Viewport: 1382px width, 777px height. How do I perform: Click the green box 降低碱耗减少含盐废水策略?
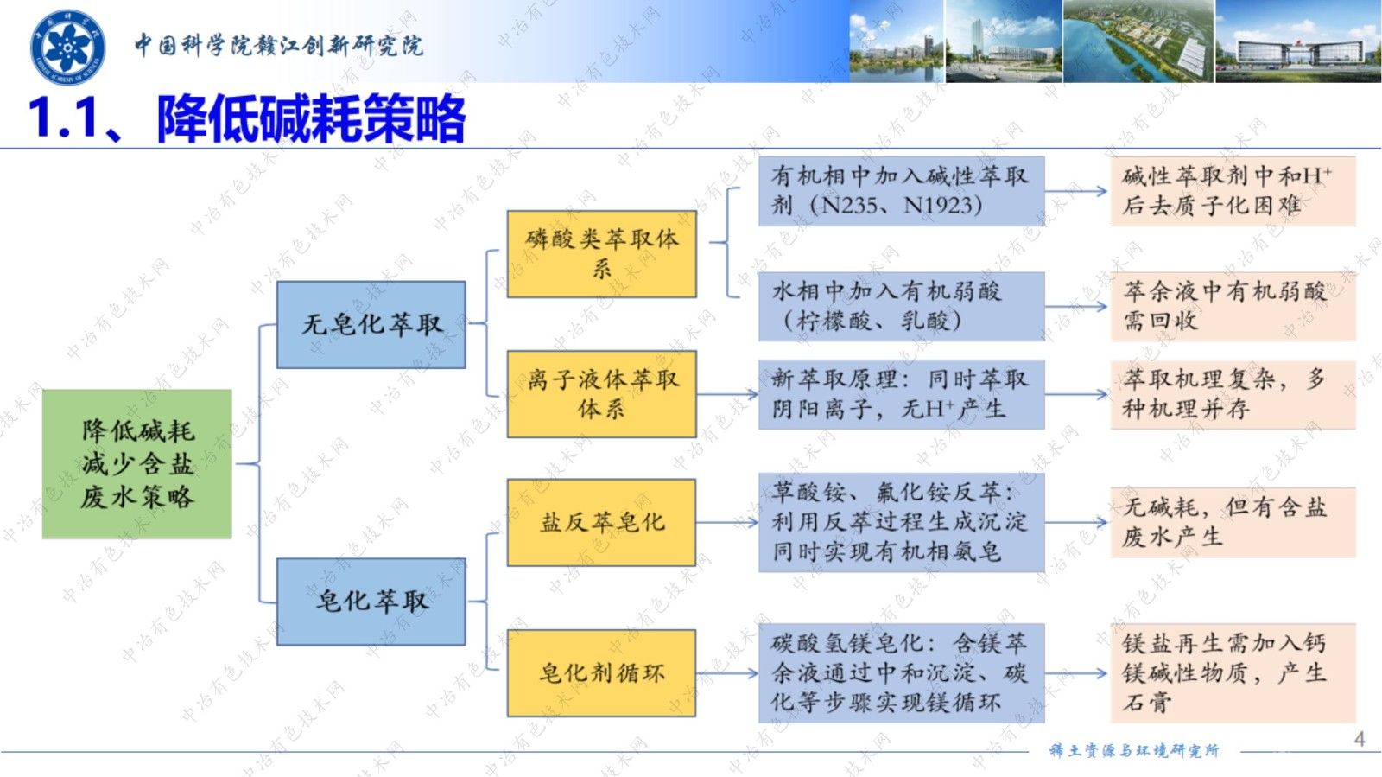pyautogui.click(x=136, y=464)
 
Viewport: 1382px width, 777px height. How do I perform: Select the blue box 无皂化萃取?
pyautogui.click(x=371, y=325)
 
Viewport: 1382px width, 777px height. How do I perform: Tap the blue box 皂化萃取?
pyautogui.click(x=371, y=601)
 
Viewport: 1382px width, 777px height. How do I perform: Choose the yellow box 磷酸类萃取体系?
pyautogui.click(x=601, y=254)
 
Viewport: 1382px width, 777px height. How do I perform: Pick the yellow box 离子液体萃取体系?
pyautogui.click(x=601, y=393)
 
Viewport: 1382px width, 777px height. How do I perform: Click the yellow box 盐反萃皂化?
pyautogui.click(x=601, y=522)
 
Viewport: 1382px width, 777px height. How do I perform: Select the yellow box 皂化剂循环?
pyautogui.click(x=601, y=672)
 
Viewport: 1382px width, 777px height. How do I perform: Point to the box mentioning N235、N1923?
pyautogui.click(x=901, y=191)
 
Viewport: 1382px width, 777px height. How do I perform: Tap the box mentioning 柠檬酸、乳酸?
pyautogui.click(x=901, y=306)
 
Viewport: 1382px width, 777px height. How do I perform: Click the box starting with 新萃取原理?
pyautogui.click(x=901, y=394)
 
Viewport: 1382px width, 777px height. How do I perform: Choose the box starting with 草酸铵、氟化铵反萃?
pyautogui.click(x=901, y=522)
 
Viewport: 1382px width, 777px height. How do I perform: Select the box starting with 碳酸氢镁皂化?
pyautogui.click(x=901, y=672)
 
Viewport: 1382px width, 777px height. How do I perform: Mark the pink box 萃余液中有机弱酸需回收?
pyautogui.click(x=1232, y=306)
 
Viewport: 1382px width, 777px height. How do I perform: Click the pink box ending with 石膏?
pyautogui.click(x=1232, y=672)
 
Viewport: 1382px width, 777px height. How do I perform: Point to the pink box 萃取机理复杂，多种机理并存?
pyautogui.click(x=1232, y=394)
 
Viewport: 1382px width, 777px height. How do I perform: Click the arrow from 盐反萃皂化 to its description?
pyautogui.click(x=727, y=522)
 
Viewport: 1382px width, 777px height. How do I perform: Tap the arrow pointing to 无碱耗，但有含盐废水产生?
pyautogui.click(x=1076, y=522)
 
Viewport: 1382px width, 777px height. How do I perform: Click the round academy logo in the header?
pyautogui.click(x=67, y=48)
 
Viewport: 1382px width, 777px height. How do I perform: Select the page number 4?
pyautogui.click(x=1359, y=739)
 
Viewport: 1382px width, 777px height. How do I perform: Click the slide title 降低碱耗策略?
pyautogui.click(x=311, y=118)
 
